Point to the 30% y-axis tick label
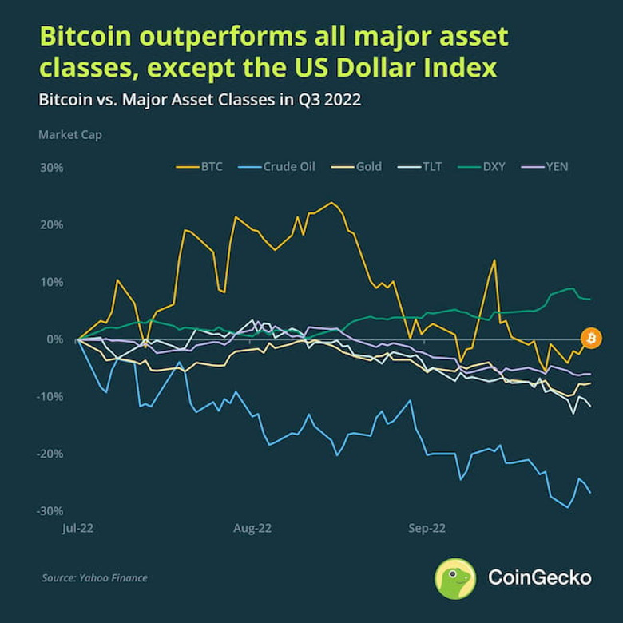pos(50,168)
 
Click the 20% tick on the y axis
pos(50,225)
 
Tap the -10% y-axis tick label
pos(50,397)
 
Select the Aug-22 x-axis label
pos(253,529)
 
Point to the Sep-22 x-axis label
pos(427,529)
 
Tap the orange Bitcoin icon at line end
pos(591,339)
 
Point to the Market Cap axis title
pos(70,134)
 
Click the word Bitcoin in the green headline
pos(89,38)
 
